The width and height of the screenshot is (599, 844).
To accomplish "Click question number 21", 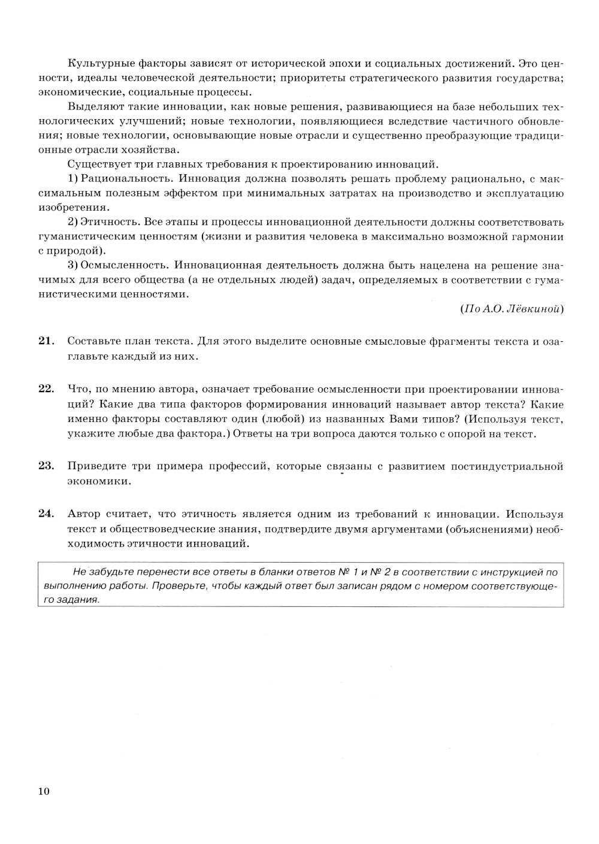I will click(46, 341).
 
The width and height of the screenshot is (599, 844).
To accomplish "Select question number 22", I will click(46, 388).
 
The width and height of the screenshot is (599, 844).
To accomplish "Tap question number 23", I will click(46, 466).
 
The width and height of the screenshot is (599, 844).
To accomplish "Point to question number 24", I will click(46, 514).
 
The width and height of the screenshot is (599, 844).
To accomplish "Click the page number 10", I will click(44, 791).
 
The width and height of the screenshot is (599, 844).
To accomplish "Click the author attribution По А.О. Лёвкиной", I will click(512, 309).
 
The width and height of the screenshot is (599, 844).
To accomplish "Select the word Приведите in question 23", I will click(96, 466).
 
